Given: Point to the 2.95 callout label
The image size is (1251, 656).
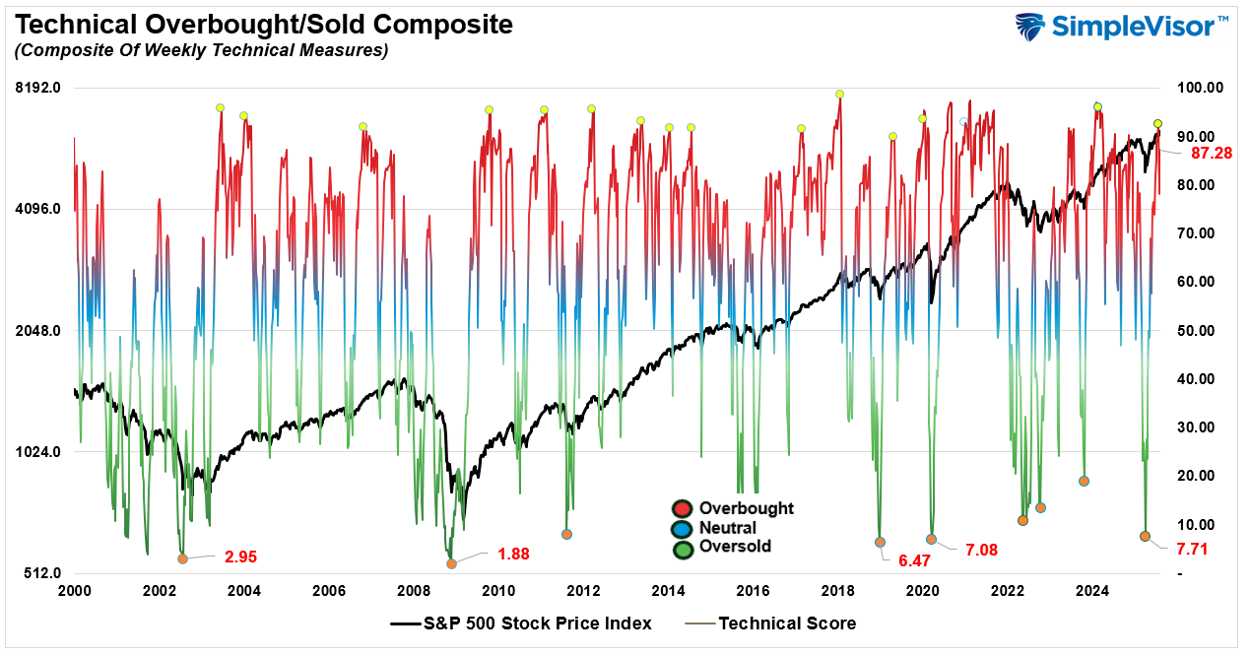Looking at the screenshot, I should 240,557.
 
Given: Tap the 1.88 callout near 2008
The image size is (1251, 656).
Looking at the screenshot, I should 513,554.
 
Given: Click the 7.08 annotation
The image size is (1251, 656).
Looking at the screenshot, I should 981,550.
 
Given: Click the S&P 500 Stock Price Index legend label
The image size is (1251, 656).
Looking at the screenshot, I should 538,623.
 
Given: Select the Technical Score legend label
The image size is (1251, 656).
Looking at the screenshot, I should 787,623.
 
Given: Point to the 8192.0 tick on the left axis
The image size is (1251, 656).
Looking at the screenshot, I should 40,88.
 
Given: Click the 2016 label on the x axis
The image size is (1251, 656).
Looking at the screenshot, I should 753,591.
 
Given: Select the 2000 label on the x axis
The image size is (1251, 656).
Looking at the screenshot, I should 75,591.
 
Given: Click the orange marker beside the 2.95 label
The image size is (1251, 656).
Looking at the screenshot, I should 182,558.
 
